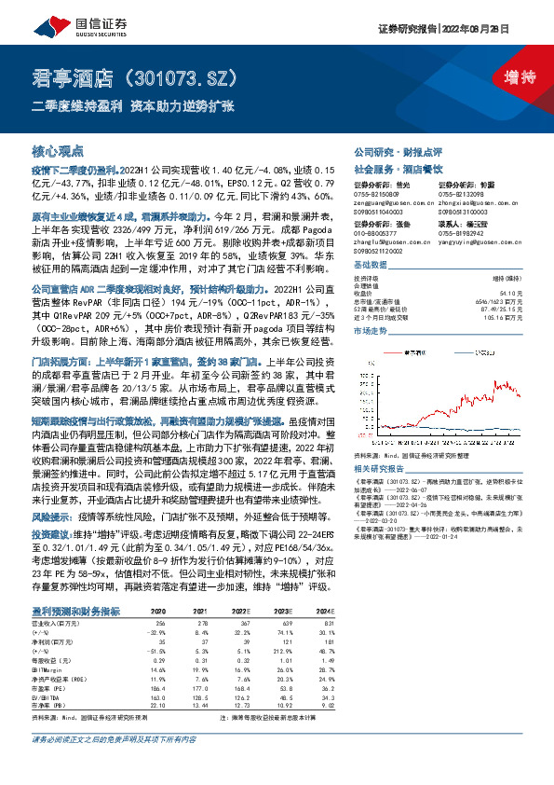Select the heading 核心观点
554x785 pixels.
point(58,150)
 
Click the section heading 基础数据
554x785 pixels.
point(374,264)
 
